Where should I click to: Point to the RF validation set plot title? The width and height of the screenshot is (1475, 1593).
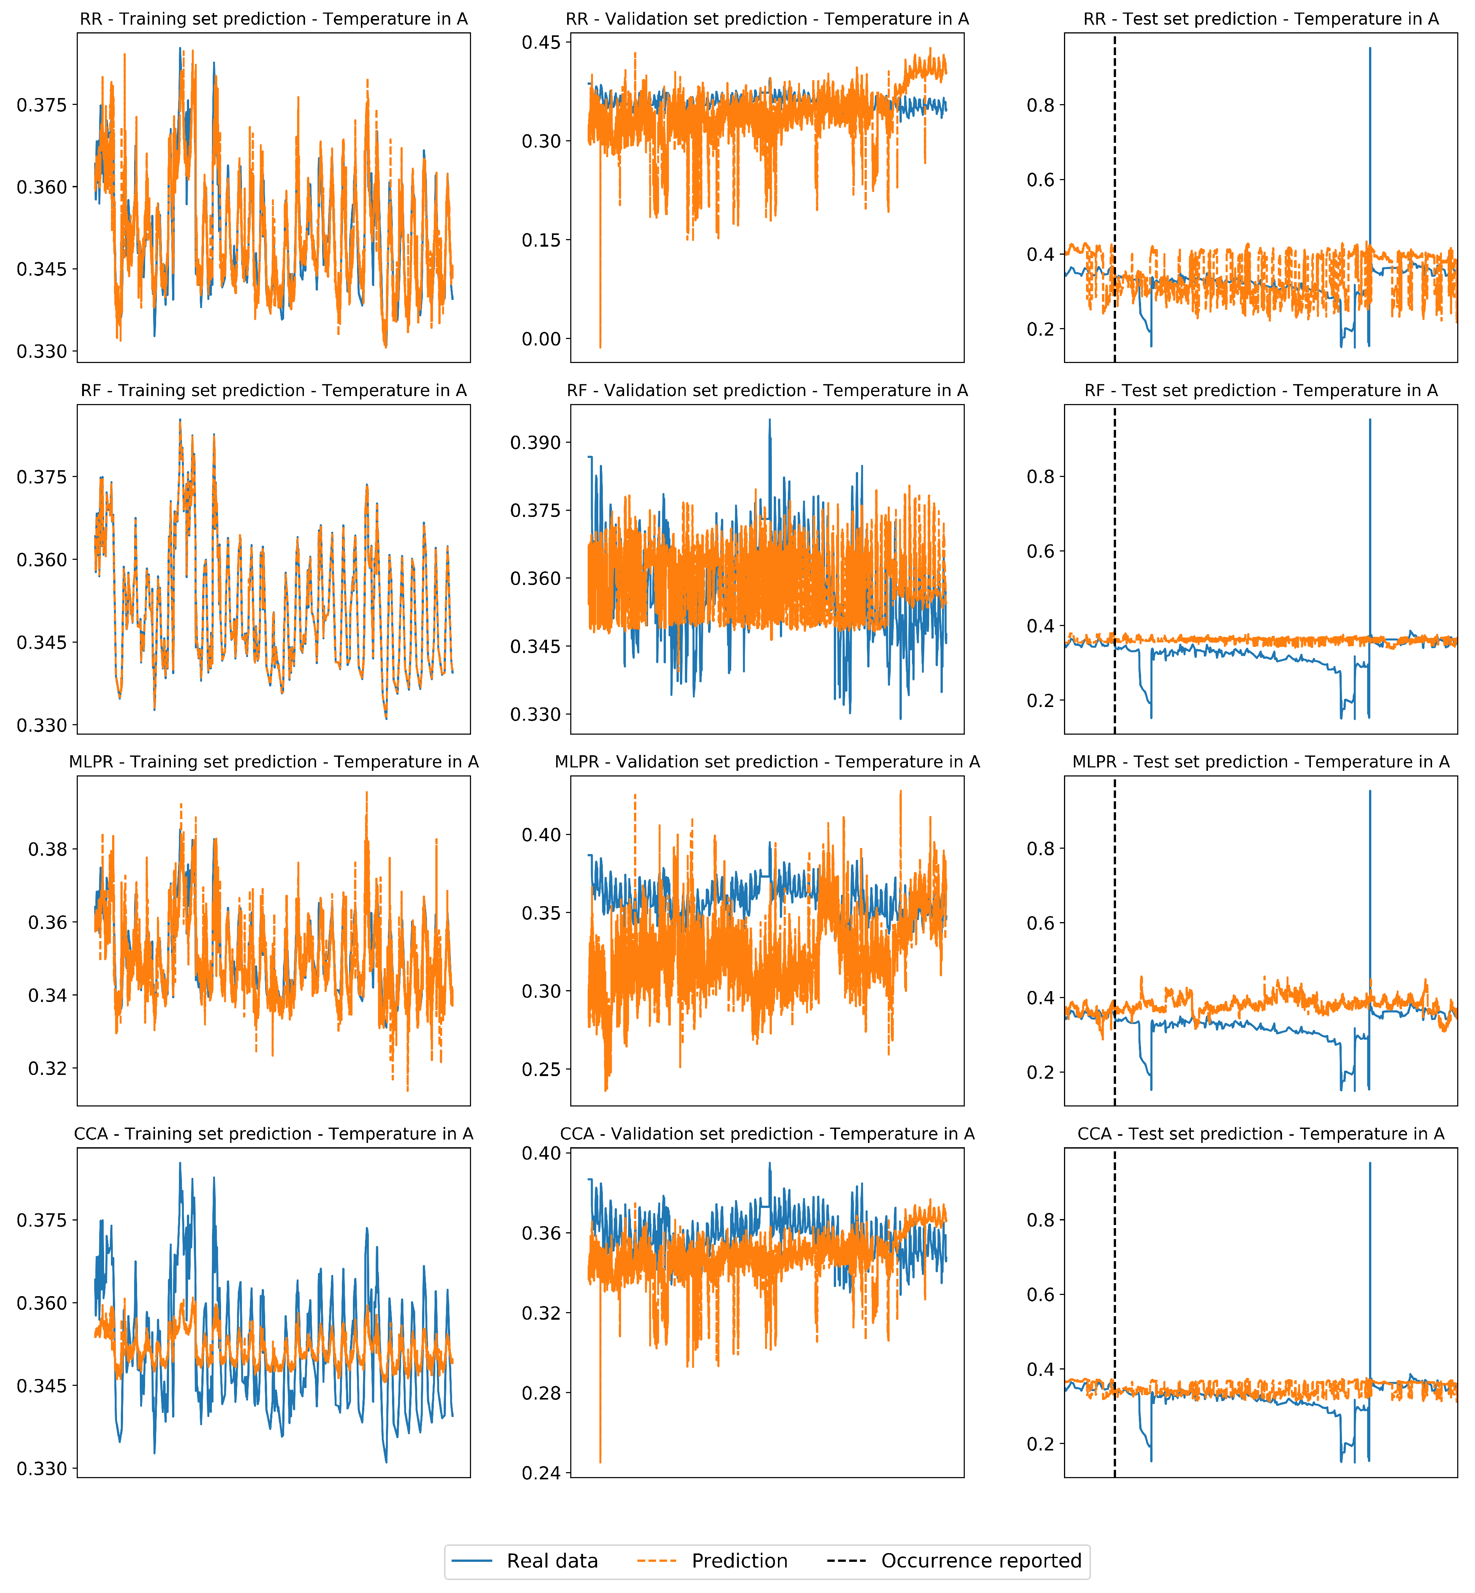[767, 390]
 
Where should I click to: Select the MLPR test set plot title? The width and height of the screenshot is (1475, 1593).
[1260, 762]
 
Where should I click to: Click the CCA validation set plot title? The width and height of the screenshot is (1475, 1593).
[767, 1134]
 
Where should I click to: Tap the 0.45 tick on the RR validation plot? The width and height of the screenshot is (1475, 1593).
[541, 42]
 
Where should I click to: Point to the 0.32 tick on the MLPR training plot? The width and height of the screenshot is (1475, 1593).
[48, 1068]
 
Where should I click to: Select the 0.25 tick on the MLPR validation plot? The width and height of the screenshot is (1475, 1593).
[541, 1069]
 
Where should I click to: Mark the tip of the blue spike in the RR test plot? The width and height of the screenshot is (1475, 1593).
[1370, 48]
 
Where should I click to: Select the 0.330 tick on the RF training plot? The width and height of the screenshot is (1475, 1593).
[42, 725]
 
